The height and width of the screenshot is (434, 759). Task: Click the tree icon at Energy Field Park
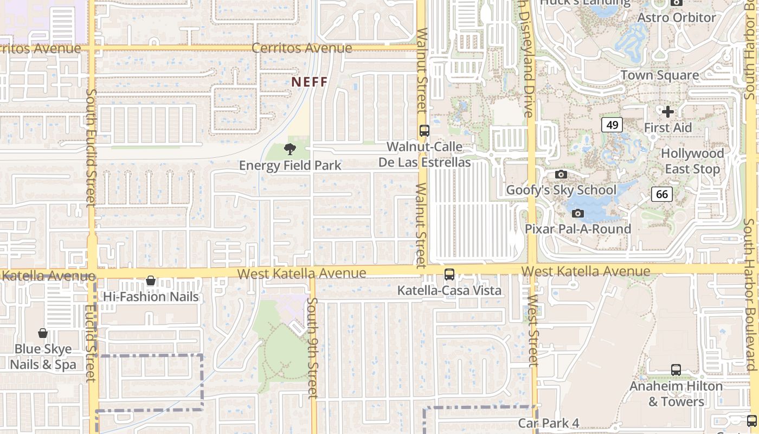pyautogui.click(x=290, y=149)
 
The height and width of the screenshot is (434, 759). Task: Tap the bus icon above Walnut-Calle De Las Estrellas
pyautogui.click(x=424, y=131)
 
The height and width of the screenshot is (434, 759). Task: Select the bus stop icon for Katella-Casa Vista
pyautogui.click(x=449, y=275)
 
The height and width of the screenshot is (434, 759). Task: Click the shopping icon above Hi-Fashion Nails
pyautogui.click(x=151, y=280)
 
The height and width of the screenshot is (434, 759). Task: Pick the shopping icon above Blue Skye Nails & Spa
pyautogui.click(x=43, y=333)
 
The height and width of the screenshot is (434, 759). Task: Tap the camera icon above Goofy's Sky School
pyautogui.click(x=561, y=174)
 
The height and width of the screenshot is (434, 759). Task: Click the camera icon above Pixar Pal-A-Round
pyautogui.click(x=578, y=213)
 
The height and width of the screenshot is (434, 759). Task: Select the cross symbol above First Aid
pyautogui.click(x=668, y=112)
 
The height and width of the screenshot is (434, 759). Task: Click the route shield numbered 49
pyautogui.click(x=612, y=125)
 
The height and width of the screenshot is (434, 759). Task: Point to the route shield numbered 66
pyautogui.click(x=662, y=194)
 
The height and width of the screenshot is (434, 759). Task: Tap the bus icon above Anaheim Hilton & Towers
pyautogui.click(x=676, y=370)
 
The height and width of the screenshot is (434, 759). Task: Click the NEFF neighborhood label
pyautogui.click(x=310, y=82)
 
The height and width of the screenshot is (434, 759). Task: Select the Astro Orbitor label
pyautogui.click(x=677, y=17)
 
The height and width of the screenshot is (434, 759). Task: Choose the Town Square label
pyautogui.click(x=659, y=75)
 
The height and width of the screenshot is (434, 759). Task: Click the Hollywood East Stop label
pyautogui.click(x=692, y=161)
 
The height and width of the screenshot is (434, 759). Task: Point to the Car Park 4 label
pyautogui.click(x=549, y=423)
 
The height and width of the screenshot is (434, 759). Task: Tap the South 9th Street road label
pyautogui.click(x=312, y=347)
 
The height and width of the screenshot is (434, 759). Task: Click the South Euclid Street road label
pyautogui.click(x=91, y=148)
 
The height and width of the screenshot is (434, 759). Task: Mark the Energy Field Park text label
pyautogui.click(x=290, y=165)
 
